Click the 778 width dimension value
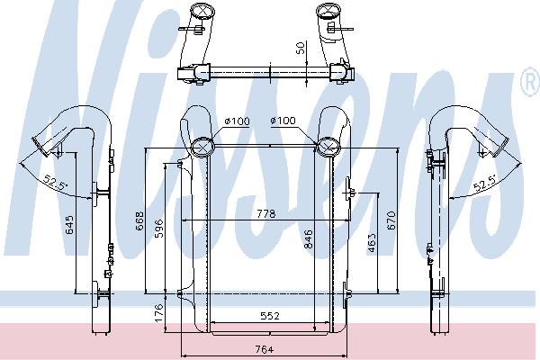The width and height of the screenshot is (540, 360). coord(266,214)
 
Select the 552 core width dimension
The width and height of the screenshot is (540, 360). coord(270,316)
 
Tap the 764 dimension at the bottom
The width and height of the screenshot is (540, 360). coord(265,349)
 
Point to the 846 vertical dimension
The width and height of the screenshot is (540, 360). coord(308,239)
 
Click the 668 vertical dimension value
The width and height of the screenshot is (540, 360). coord(140,220)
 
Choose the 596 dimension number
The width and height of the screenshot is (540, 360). coord(159,228)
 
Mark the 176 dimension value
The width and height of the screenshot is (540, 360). coord(158,313)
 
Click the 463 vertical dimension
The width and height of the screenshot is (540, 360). coord(372,243)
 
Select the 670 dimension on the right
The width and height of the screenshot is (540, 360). coord(391,220)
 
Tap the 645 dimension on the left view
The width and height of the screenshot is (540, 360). coord(69,225)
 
